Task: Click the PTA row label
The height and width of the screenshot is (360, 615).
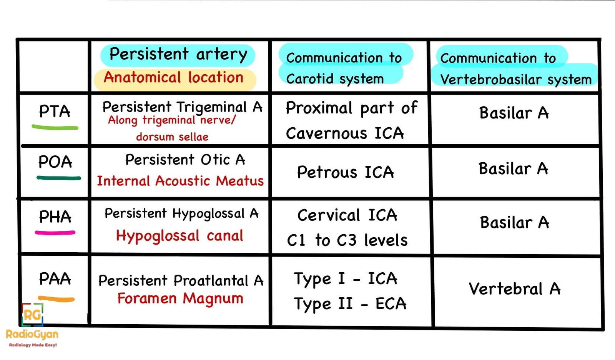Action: pos(55,112)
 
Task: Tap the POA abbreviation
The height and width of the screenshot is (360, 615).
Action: pos(55,162)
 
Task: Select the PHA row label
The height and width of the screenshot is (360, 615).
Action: pos(55,217)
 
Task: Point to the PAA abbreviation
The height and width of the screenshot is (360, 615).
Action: pos(55,279)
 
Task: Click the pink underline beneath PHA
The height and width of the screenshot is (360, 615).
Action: pos(55,233)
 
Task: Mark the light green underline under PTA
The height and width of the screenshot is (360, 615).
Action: pos(55,127)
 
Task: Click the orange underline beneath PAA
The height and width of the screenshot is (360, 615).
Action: pos(56,299)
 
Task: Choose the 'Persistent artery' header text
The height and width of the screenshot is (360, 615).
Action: pos(178,54)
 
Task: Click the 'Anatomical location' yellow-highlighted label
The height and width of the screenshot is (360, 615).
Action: pos(174,78)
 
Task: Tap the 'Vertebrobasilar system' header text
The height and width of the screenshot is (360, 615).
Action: pos(516,80)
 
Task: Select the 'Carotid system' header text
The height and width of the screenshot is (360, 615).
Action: pos(335,79)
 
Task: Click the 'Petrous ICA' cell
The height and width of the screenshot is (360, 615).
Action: pos(345,172)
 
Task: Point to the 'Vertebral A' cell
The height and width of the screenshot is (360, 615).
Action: pos(514,289)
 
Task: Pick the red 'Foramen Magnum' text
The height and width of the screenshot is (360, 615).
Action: pos(180,298)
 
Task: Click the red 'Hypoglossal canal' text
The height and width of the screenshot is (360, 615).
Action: pos(180,235)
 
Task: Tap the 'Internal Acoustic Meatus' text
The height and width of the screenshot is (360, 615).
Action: pos(180,181)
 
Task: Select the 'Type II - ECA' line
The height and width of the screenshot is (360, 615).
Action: pos(350,304)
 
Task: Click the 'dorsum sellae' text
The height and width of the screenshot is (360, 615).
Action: pos(172,137)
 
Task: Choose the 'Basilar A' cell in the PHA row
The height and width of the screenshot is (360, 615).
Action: pos(514,222)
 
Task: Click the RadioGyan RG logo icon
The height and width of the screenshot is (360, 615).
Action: pos(32,315)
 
